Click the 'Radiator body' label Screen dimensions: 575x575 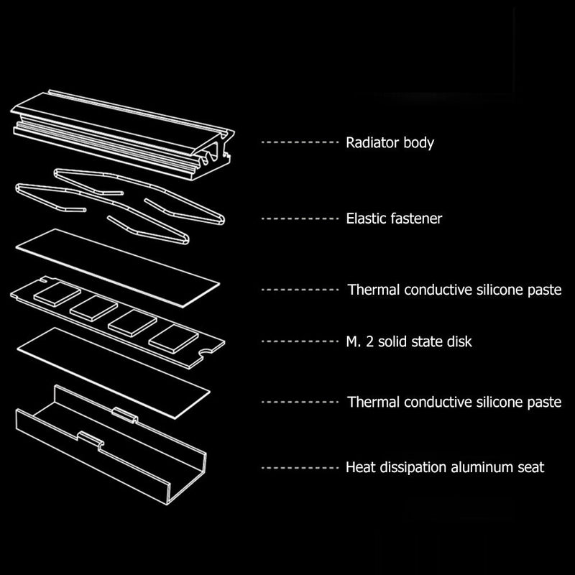point(390,143)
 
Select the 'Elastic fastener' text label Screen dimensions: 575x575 point(394,218)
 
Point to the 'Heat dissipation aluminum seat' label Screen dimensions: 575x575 point(445,467)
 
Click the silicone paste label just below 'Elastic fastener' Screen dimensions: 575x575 point(454,290)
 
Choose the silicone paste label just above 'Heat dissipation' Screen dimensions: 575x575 point(454,402)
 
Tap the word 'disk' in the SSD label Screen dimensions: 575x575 point(459,342)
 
